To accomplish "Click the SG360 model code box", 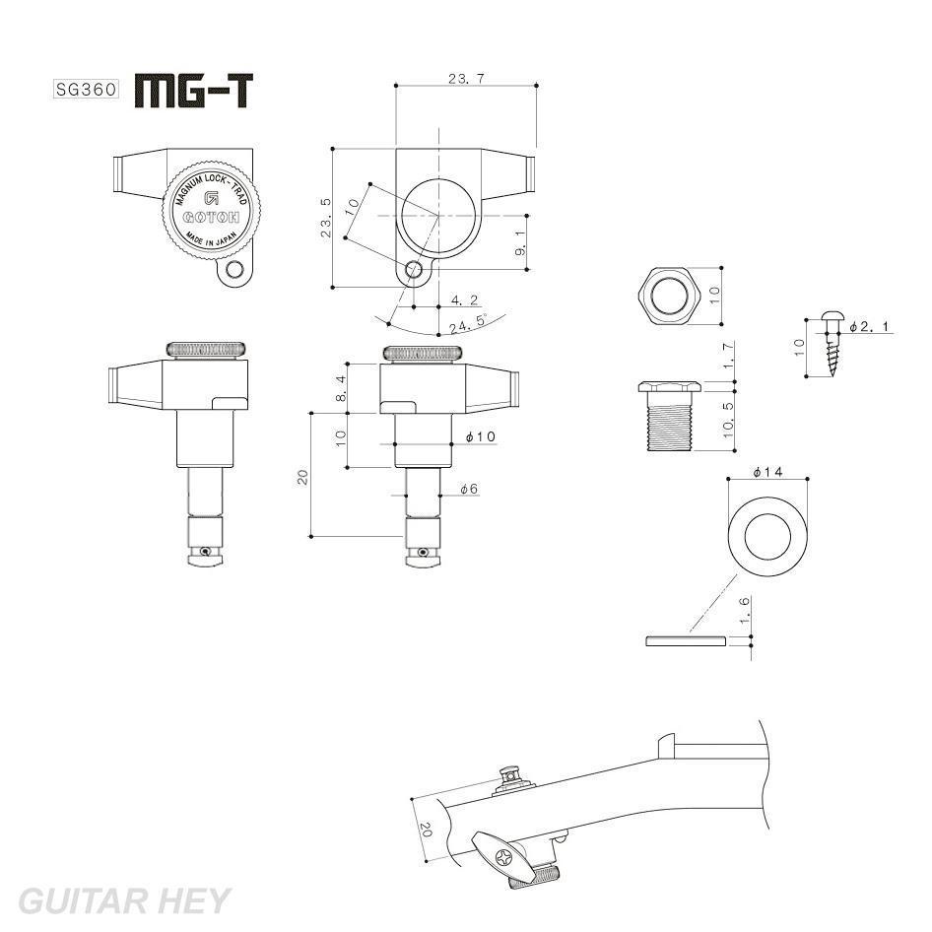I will click(x=85, y=89).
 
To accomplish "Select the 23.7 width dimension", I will click(x=465, y=78).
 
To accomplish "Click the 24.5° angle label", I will click(x=468, y=322).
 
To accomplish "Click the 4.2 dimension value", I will click(x=464, y=300).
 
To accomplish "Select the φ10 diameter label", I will click(x=480, y=436).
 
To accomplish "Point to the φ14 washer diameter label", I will click(x=766, y=473).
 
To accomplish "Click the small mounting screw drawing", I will click(x=832, y=346).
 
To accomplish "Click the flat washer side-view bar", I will click(x=686, y=641).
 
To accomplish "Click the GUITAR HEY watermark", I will click(x=124, y=900).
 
